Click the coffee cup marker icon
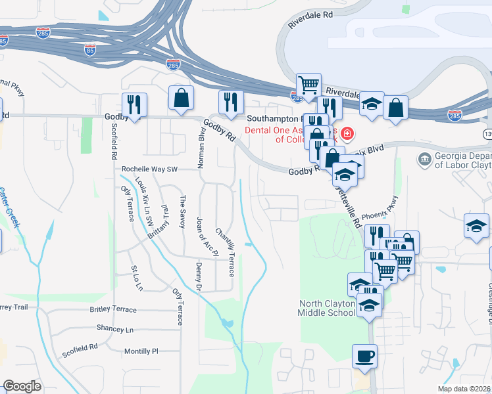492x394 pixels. pyautogui.click(x=364, y=357)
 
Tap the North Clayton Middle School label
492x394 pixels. pyautogui.click(x=327, y=308)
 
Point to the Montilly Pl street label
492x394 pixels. pyautogui.click(x=141, y=351)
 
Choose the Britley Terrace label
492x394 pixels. pyautogui.click(x=114, y=309)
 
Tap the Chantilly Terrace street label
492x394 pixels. pyautogui.click(x=224, y=252)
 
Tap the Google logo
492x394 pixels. pyautogui.click(x=22, y=385)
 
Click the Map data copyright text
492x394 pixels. pyautogui.click(x=464, y=389)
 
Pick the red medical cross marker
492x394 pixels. pyautogui.click(x=347, y=135)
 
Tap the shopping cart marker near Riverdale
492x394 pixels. pyautogui.click(x=308, y=85)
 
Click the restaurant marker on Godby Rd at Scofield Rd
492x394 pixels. pyautogui.click(x=134, y=104)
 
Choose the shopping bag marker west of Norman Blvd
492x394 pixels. pyautogui.click(x=181, y=98)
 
